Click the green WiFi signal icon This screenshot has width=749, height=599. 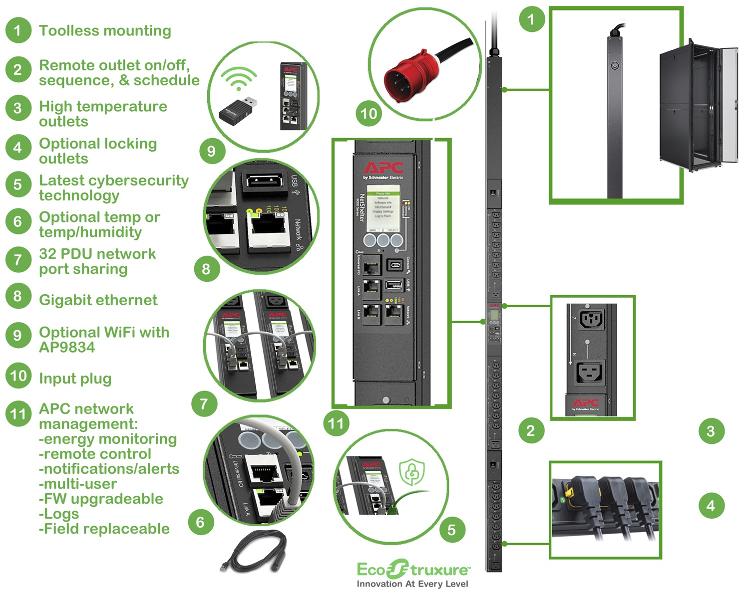click(239, 78)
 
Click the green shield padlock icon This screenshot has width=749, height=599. click(412, 472)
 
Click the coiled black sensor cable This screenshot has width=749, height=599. click(254, 552)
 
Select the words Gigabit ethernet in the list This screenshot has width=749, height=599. click(98, 300)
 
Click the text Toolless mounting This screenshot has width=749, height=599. click(105, 31)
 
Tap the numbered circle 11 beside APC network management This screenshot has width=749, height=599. click(18, 414)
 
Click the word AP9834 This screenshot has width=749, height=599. click(67, 348)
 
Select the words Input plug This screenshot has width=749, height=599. click(75, 379)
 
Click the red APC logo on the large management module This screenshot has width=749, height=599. click(383, 168)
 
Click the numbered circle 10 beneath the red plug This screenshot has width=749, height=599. click(369, 114)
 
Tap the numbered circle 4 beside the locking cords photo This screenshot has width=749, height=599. click(711, 506)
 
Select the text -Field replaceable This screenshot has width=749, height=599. click(104, 529)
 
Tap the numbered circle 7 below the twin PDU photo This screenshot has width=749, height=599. click(204, 403)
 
